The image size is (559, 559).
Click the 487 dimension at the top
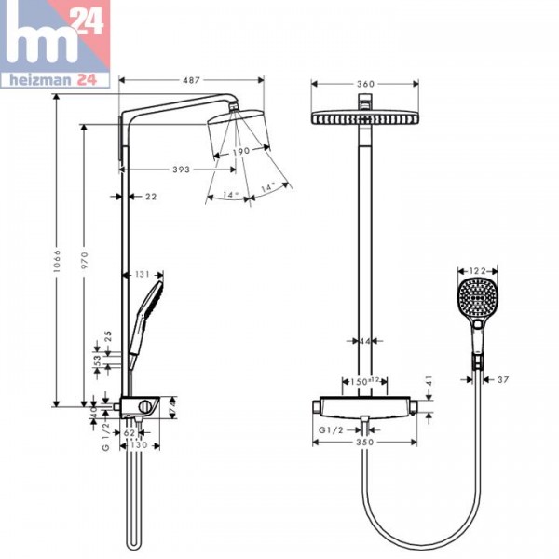pos(192,81)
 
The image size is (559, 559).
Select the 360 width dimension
pos(367,85)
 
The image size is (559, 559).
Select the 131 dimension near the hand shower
pos(143,274)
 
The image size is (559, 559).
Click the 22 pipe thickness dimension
pos(151,197)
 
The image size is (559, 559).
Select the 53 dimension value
pos(96,360)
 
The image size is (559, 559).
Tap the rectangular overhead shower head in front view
pos(366,120)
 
